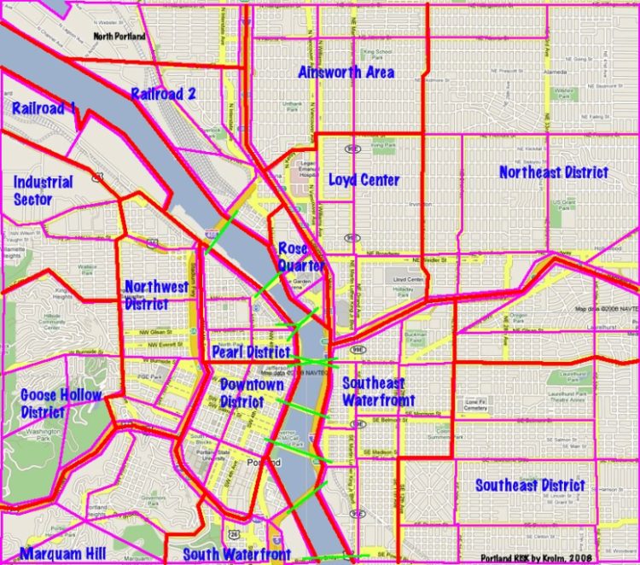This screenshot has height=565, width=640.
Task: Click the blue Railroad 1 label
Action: pos(44,108)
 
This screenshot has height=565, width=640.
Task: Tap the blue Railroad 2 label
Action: pos(164,94)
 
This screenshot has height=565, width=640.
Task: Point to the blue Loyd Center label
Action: pos(364,180)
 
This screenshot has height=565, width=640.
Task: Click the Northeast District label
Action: pos(554,172)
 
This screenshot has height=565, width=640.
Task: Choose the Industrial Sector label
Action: pos(43,191)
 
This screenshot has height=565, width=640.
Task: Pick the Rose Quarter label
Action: pos(300,257)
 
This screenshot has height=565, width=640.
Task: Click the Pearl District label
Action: pos(251,352)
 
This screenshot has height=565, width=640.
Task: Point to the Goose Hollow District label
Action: pos(60,403)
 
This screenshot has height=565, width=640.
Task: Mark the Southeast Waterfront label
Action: pos(378,392)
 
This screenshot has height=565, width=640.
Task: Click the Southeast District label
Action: pos(530,486)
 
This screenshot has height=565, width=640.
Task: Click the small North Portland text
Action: pos(119,37)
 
